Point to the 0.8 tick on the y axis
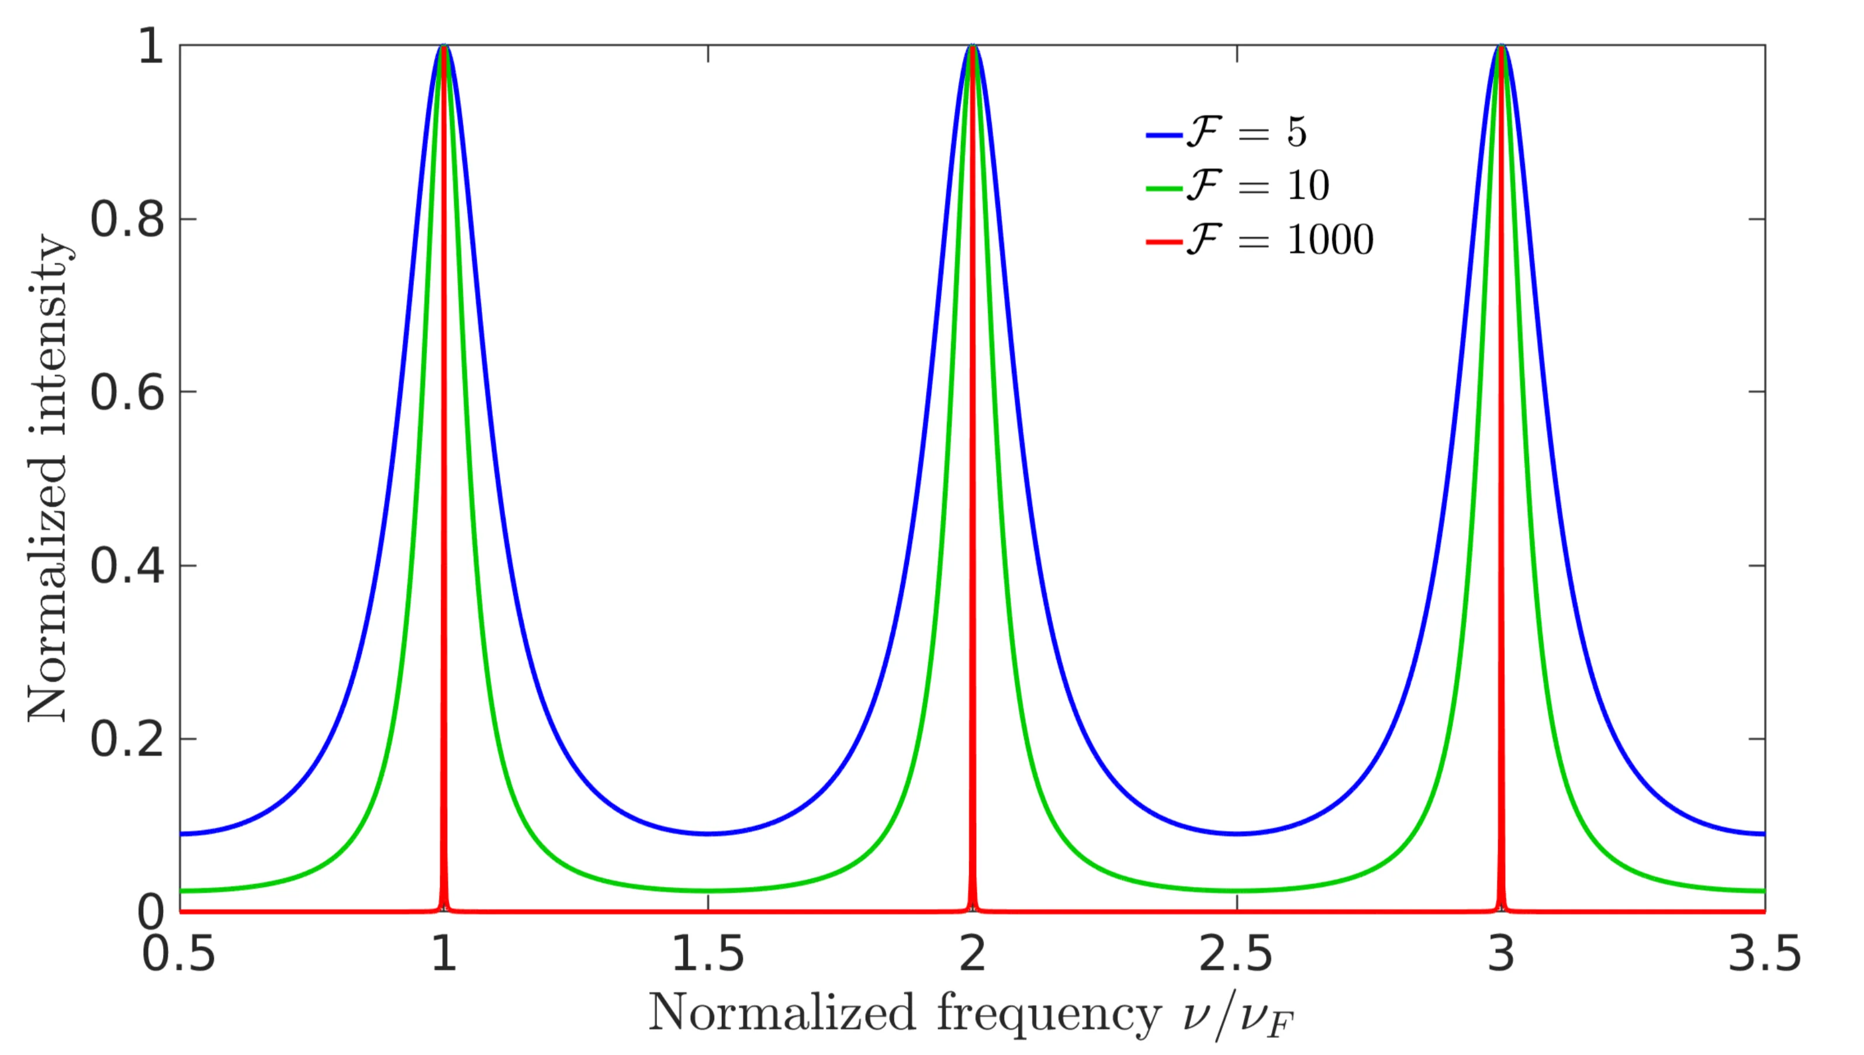pyautogui.click(x=127, y=219)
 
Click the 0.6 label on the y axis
pyautogui.click(x=127, y=393)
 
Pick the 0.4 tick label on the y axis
pyautogui.click(x=127, y=566)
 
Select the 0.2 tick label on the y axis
pyautogui.click(x=127, y=740)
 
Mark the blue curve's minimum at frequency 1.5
pyautogui.click(x=708, y=833)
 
